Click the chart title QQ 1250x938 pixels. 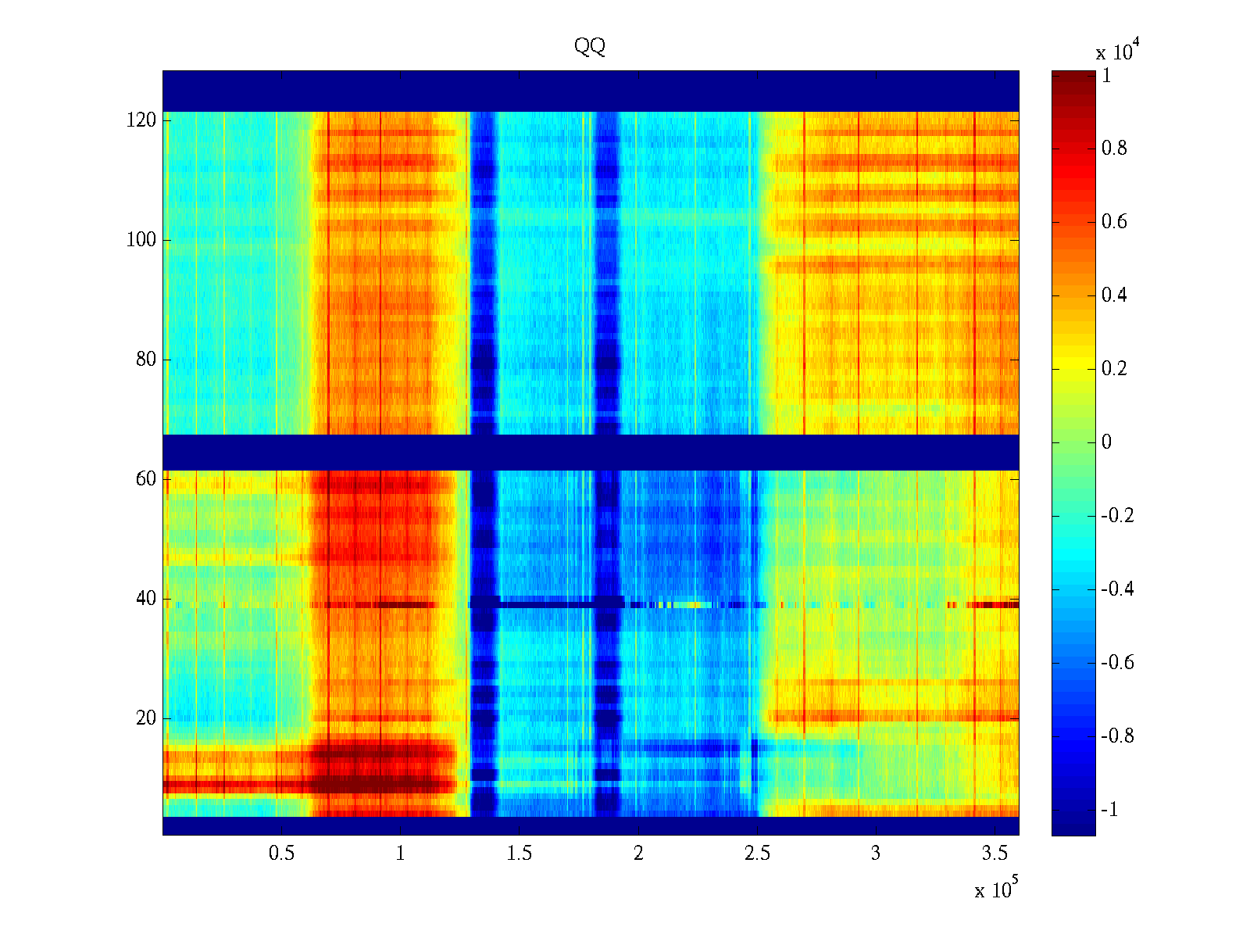(x=590, y=47)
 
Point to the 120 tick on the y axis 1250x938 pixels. (x=141, y=120)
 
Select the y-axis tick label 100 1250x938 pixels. (x=141, y=240)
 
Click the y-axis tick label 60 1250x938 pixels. (x=146, y=479)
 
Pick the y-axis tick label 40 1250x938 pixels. (x=146, y=599)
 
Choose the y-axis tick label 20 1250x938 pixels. (x=146, y=718)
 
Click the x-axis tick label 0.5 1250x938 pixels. (x=281, y=854)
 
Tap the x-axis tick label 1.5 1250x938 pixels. (x=519, y=854)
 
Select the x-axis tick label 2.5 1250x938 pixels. (x=756, y=854)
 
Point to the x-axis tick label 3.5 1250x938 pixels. (x=994, y=854)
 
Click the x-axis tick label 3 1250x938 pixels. (x=875, y=854)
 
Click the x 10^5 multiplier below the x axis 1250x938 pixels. (x=996, y=890)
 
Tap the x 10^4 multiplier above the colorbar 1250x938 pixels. (x=1114, y=52)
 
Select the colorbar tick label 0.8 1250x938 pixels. (x=1114, y=149)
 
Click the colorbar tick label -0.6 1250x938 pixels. (x=1117, y=663)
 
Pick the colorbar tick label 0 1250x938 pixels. (x=1106, y=442)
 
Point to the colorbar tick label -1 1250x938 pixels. (x=1109, y=810)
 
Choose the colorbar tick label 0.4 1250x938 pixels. (x=1114, y=295)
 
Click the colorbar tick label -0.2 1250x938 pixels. (x=1117, y=516)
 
